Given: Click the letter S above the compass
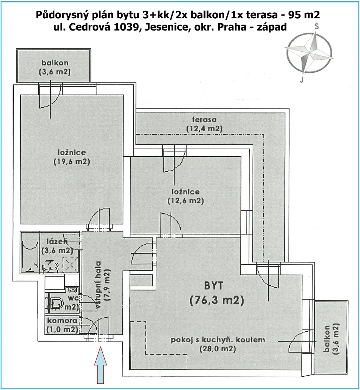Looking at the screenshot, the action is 316,26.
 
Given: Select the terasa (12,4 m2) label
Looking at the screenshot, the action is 204,124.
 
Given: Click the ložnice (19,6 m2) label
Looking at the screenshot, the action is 72,157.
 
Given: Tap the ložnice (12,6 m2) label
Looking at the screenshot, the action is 186,196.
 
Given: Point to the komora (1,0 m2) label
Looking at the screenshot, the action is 62,325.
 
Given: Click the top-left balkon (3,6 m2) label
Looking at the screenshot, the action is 55,67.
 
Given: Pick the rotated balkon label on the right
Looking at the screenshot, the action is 331,338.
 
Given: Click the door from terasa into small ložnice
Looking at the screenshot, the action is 174,159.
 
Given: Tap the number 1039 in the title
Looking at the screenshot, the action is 126,27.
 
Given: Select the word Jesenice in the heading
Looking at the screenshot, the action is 166,27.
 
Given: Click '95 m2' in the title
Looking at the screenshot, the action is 304,15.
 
